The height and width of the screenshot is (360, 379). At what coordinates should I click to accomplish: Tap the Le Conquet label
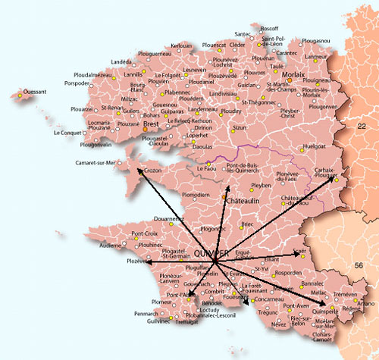[x=70, y=133]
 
